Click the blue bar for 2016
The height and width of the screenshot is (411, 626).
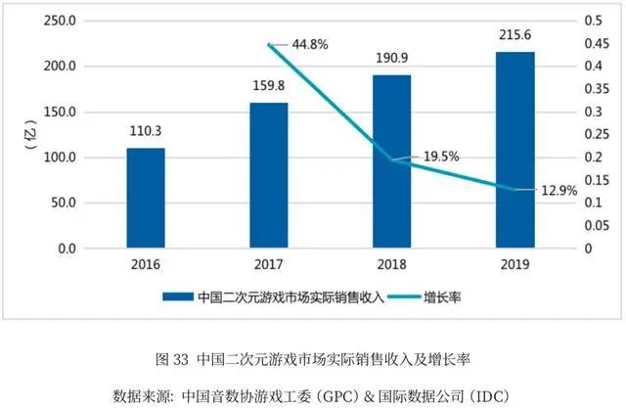[146, 199]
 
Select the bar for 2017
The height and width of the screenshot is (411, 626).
[268, 176]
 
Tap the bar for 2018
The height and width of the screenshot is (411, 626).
[391, 161]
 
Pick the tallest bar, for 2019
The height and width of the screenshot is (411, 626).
[514, 150]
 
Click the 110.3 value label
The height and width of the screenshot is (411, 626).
[146, 129]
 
